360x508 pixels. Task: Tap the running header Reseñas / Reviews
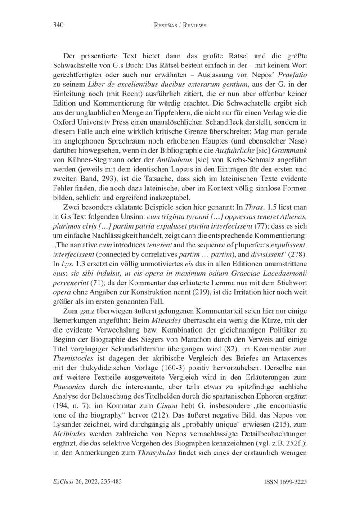[x=180, y=25]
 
